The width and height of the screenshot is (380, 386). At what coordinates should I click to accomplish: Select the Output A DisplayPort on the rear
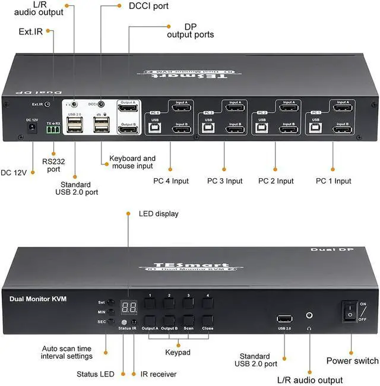[129, 107]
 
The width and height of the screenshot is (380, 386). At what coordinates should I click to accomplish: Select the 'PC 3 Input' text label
[224, 181]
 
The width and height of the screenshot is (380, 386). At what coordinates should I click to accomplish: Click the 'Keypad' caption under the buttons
[178, 352]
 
